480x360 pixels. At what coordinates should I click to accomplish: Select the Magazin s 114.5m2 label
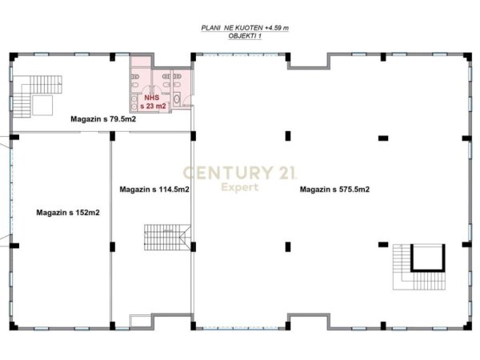154,190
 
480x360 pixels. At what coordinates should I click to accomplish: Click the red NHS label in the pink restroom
150,96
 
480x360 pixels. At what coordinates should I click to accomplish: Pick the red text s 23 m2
153,106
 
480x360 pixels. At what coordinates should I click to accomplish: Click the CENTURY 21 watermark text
240,172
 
